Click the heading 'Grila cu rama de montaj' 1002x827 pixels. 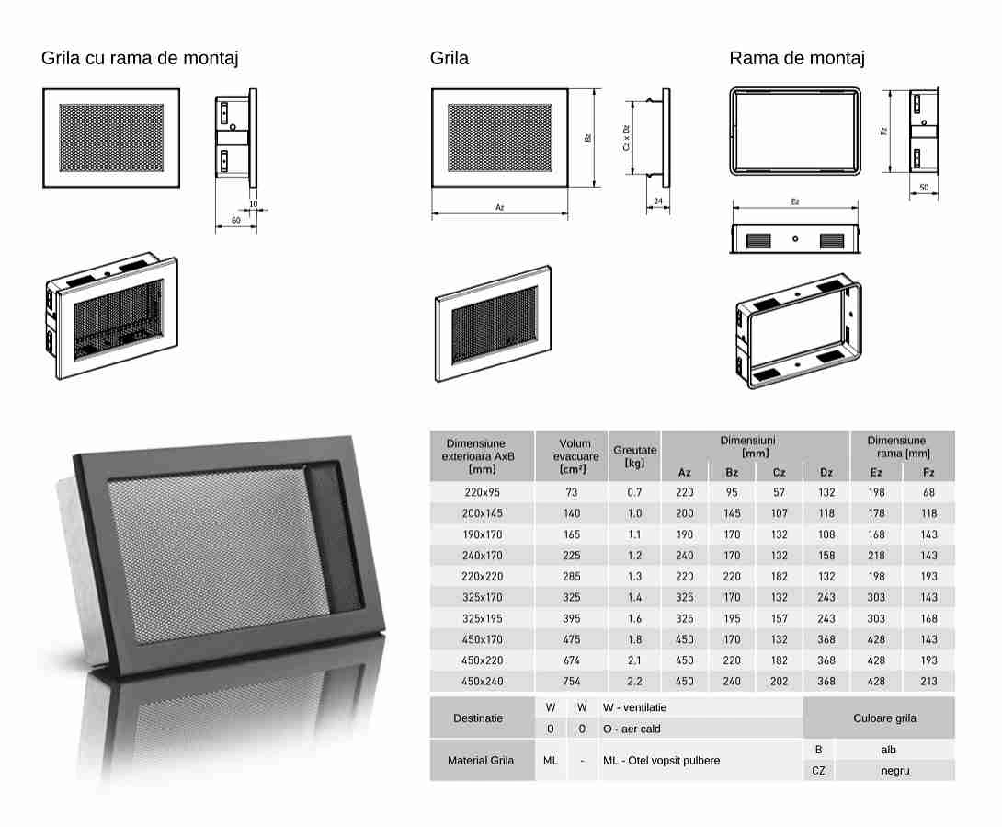140,58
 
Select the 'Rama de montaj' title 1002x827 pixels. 797,58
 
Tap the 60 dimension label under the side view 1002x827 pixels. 236,220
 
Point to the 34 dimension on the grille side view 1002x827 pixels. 658,201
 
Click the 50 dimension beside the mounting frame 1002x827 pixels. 924,188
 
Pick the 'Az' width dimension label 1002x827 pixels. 500,207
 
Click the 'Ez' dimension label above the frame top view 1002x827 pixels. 795,201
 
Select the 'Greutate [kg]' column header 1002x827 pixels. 634,456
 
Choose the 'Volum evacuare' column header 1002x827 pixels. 575,456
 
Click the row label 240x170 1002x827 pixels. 482,556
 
